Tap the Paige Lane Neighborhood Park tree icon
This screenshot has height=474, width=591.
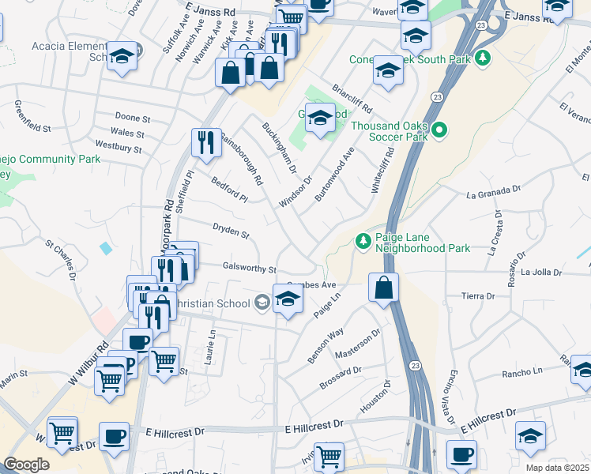363,239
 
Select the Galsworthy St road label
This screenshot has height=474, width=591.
250,269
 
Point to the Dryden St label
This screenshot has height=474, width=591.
231,231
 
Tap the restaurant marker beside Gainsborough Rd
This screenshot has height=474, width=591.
205,143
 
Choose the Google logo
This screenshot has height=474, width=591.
26,465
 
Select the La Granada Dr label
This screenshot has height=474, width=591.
495,191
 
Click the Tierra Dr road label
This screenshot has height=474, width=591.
478,296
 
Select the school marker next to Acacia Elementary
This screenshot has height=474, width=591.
122,58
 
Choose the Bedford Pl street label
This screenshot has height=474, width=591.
229,190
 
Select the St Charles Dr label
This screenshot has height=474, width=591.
60,261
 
